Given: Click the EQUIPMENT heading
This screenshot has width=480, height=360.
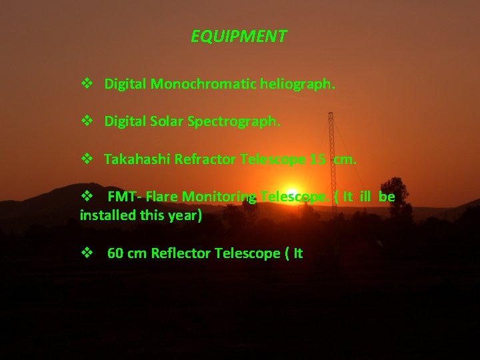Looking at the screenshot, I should pos(239,36).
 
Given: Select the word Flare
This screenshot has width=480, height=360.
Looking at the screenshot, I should pos(162,197).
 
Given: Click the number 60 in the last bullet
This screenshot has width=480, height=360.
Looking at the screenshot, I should pos(115,253).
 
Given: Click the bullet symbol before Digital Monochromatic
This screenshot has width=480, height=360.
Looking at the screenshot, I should pos(87,85).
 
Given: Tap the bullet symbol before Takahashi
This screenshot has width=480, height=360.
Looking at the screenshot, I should pos(87,159).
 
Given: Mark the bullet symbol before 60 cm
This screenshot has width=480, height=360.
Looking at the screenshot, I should pos(87,253).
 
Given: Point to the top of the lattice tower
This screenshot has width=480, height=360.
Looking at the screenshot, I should pos(331,115).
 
